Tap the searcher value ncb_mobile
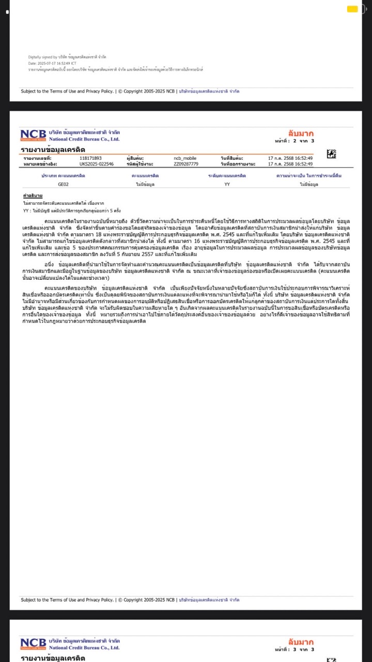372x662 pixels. [x=185, y=158]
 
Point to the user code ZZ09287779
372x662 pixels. [x=186, y=164]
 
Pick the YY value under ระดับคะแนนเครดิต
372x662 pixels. [x=227, y=184]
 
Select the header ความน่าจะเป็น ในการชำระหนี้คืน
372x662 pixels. [x=309, y=176]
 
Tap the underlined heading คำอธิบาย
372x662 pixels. [x=33, y=196]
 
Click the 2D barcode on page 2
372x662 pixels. [x=331, y=154]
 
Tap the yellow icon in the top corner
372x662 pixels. [x=352, y=9]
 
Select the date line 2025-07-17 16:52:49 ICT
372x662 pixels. [x=52, y=63]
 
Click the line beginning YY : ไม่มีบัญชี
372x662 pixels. [x=72, y=211]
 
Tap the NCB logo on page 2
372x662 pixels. [x=34, y=135]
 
